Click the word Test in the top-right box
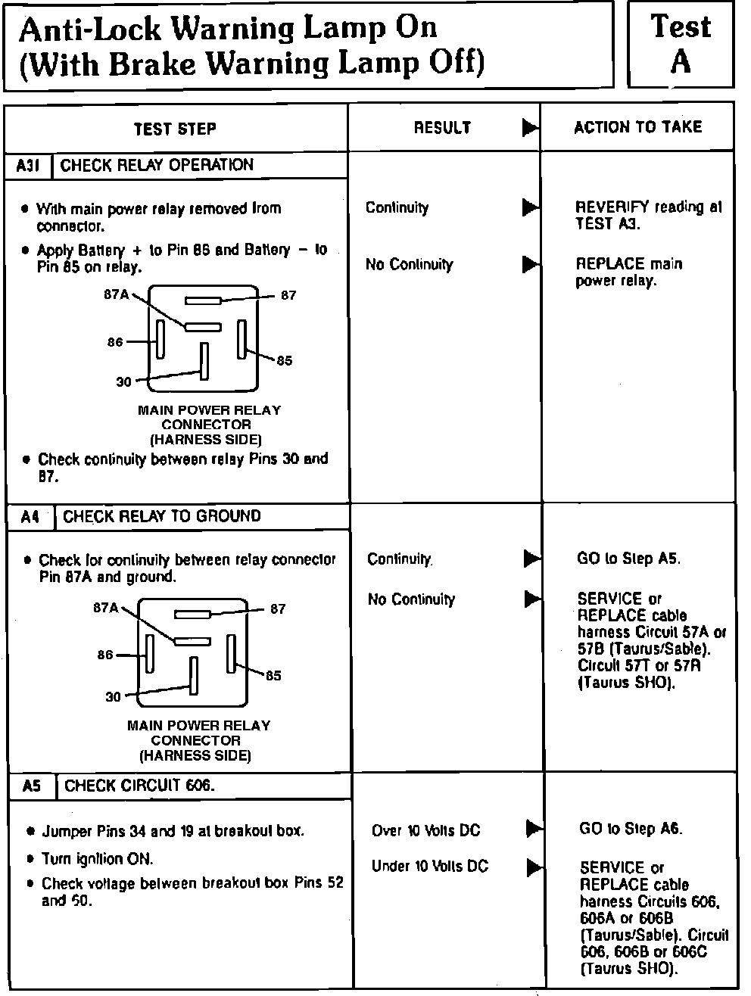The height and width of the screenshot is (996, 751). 681,27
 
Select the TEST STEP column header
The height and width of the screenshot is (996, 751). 175,129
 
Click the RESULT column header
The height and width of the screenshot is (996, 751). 442,128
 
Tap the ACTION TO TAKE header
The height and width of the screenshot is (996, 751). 637,127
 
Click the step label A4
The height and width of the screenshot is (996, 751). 30,517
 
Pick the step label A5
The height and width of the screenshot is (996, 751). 32,786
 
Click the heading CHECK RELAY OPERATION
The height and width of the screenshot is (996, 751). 157,165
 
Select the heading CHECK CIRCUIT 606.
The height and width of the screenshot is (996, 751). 139,786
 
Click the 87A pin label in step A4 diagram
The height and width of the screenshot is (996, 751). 106,607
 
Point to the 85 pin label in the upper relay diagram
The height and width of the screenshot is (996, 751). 285,361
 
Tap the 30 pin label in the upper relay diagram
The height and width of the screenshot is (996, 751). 123,382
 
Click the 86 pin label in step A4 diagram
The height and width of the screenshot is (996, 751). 105,655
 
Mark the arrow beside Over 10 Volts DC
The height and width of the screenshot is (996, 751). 534,829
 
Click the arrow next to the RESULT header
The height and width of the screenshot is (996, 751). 531,128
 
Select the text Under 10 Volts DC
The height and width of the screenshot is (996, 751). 430,866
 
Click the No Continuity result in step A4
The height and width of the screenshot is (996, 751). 411,599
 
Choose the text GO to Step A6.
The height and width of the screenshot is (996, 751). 631,829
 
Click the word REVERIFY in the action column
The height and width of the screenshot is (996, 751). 612,207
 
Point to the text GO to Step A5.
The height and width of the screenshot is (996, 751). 628,559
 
